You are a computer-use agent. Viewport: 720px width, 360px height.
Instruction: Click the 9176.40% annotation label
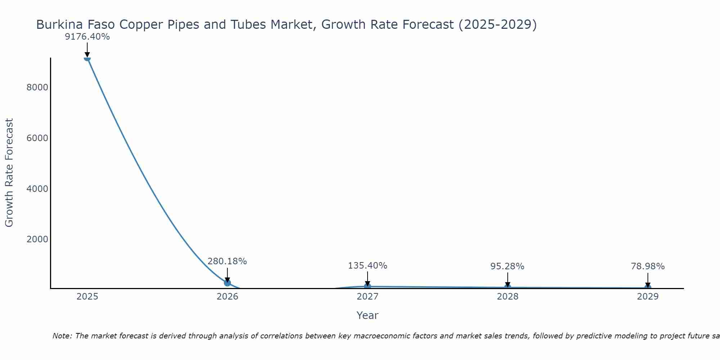(x=87, y=37)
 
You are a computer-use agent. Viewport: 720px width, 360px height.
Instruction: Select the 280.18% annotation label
(x=227, y=261)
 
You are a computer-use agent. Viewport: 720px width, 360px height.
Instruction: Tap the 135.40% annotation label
(x=367, y=266)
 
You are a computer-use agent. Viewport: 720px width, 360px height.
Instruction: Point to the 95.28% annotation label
(x=507, y=266)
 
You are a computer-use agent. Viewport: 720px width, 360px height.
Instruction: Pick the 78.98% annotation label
(x=647, y=266)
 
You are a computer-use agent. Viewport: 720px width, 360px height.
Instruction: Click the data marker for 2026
(x=227, y=283)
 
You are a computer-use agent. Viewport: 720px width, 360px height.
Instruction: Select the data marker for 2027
(x=367, y=286)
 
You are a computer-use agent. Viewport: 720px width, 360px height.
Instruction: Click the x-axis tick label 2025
(x=87, y=297)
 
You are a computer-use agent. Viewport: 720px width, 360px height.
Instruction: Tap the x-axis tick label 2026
(x=227, y=297)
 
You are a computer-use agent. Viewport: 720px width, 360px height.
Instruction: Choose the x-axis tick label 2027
(x=367, y=297)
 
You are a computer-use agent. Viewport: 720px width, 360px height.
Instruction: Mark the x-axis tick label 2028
(x=507, y=297)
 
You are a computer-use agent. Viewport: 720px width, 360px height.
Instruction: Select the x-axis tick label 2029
(x=647, y=297)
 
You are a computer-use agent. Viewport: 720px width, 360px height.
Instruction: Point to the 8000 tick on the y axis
(x=37, y=87)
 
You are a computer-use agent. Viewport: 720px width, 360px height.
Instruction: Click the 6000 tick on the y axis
(x=37, y=138)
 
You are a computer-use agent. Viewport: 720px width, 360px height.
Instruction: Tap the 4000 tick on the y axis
(x=37, y=189)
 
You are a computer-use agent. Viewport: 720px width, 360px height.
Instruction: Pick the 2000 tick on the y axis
(x=37, y=239)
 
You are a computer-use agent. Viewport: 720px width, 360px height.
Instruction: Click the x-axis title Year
(x=367, y=315)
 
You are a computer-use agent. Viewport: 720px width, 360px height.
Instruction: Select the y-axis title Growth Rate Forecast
(x=9, y=173)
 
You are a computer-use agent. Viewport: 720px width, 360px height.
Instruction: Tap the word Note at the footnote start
(x=62, y=336)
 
